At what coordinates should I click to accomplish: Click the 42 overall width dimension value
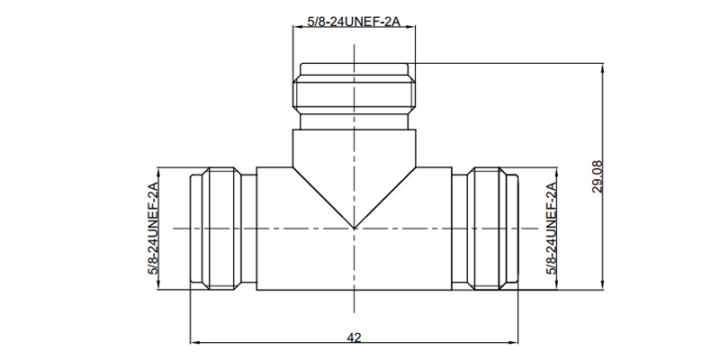[x=354, y=337]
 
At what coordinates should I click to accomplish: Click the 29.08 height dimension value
[x=598, y=176]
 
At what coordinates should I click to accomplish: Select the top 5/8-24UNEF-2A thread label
[x=354, y=22]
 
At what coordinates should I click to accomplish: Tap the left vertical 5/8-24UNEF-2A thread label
[x=153, y=229]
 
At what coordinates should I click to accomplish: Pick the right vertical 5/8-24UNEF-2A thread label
[x=552, y=229]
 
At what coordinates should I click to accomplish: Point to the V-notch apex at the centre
[x=354, y=229]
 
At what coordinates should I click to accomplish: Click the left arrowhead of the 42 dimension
[x=195, y=342]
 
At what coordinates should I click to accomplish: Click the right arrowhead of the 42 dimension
[x=513, y=342]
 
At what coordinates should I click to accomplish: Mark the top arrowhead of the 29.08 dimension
[x=603, y=68]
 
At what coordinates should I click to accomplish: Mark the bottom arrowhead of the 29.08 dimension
[x=603, y=284]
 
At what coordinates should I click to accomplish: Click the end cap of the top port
[x=354, y=69]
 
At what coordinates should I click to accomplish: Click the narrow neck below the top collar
[x=354, y=121]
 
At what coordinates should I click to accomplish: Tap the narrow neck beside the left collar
[x=249, y=229]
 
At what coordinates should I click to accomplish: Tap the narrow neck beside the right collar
[x=460, y=229]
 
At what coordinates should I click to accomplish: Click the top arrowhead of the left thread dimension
[x=158, y=173]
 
